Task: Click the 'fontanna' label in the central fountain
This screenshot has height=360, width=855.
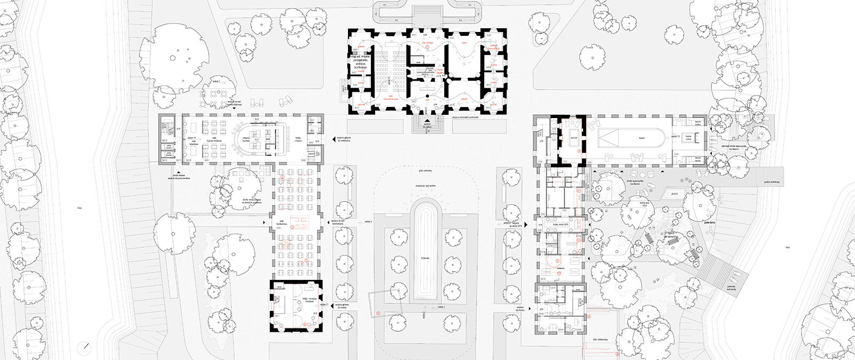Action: (425, 257)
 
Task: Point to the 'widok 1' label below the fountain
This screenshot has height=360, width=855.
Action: (441, 308)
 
